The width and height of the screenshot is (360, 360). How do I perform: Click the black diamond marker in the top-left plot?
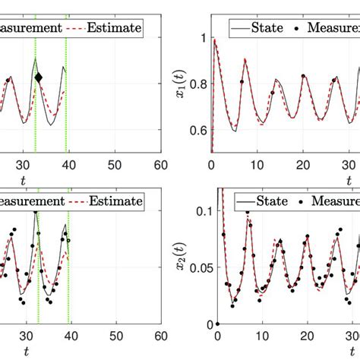pos(39,77)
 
